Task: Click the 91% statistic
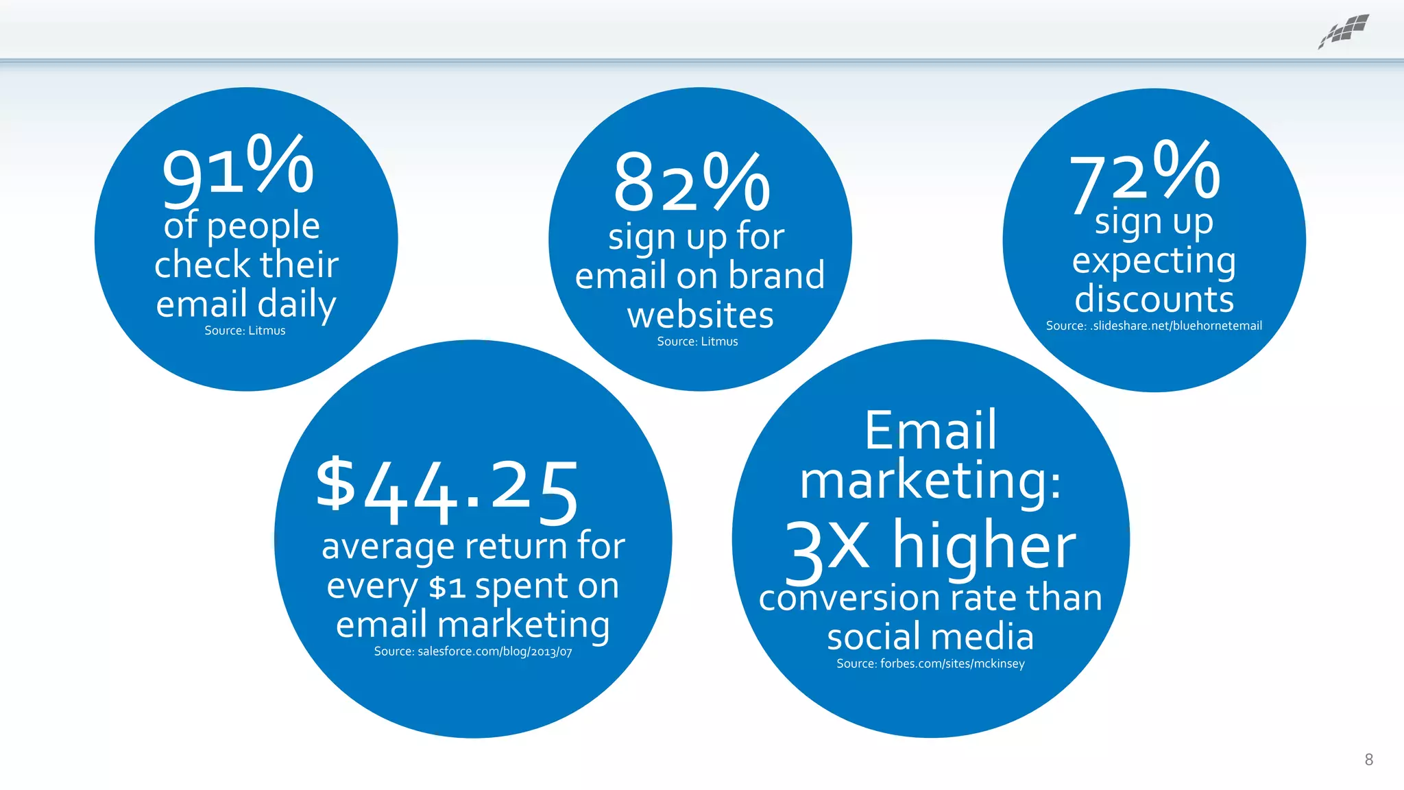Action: tap(238, 170)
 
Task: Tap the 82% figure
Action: tap(692, 182)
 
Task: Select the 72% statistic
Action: tap(1145, 175)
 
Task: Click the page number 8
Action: tap(1368, 759)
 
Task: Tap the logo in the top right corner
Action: tap(1344, 32)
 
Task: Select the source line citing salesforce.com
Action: tap(473, 651)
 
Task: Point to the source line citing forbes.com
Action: tap(930, 664)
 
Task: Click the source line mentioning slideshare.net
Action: tap(1154, 326)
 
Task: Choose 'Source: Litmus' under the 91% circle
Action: tap(245, 331)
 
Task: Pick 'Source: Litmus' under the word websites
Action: tap(697, 342)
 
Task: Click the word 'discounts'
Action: tap(1154, 299)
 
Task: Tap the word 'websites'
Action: tap(700, 315)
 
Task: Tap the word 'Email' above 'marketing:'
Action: tap(930, 430)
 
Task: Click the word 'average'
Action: tap(388, 547)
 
